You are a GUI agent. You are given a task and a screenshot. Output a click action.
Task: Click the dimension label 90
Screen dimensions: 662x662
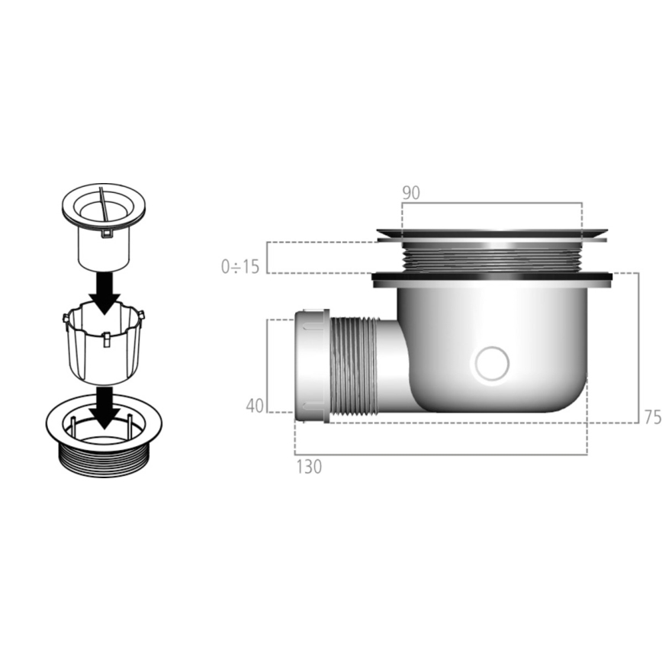pos(411,193)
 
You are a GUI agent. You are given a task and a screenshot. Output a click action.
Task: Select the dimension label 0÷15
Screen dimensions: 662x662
pos(240,267)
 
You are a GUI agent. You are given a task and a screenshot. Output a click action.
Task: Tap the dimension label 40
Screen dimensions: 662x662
pos(255,406)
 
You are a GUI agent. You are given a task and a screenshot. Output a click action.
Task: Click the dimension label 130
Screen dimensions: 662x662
pos(309,466)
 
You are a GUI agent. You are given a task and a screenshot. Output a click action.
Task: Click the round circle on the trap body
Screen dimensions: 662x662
pos(492,364)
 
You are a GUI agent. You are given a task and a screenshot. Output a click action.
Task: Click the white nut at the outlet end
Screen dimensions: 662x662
pos(311,366)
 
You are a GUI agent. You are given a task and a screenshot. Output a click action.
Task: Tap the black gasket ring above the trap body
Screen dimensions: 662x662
pos(492,276)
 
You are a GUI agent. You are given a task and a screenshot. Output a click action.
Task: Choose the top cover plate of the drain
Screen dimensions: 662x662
pos(492,231)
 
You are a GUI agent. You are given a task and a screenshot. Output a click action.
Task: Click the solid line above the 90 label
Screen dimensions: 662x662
pos(492,203)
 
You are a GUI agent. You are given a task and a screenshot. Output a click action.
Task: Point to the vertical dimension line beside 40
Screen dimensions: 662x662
pos(267,366)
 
